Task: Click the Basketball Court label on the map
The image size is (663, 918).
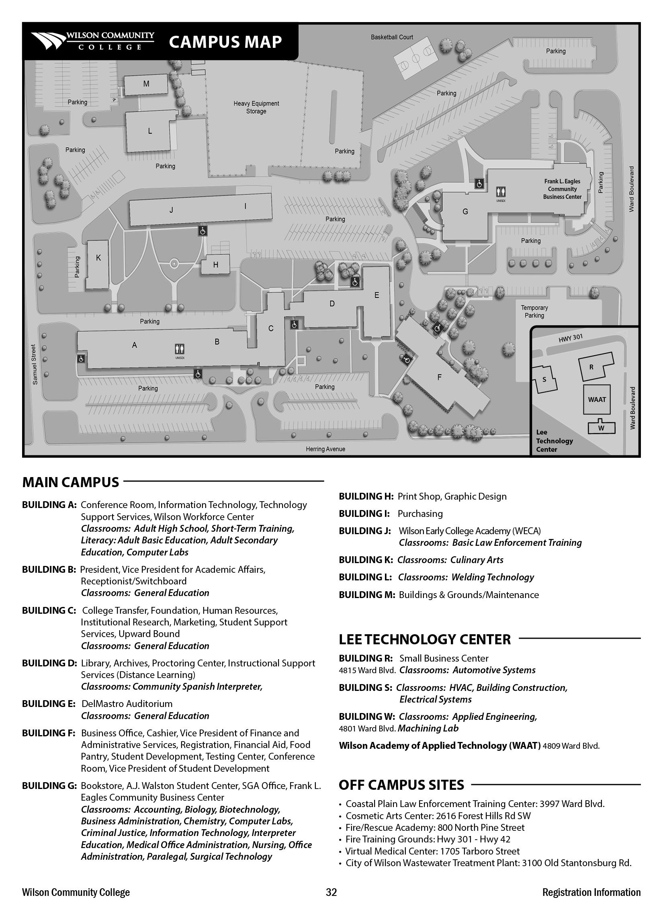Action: [392, 37]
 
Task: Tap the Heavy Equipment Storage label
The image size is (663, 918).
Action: [256, 107]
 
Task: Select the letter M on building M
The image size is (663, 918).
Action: [146, 84]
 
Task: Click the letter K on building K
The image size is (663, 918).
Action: [98, 258]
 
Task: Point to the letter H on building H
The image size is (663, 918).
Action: [216, 265]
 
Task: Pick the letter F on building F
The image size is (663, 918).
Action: [440, 377]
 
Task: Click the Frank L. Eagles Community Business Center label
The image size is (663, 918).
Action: [562, 189]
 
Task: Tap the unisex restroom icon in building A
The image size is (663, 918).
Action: [180, 349]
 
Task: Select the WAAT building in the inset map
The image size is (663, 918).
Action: [597, 400]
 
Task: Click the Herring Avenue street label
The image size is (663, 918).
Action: [325, 449]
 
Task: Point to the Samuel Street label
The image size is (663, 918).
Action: [34, 364]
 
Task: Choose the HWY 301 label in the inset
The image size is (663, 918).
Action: [571, 338]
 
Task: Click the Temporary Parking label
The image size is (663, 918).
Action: [534, 311]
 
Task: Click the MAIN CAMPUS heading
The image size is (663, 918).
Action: [71, 482]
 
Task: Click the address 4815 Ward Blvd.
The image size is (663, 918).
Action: [367, 670]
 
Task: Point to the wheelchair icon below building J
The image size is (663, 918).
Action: [203, 231]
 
